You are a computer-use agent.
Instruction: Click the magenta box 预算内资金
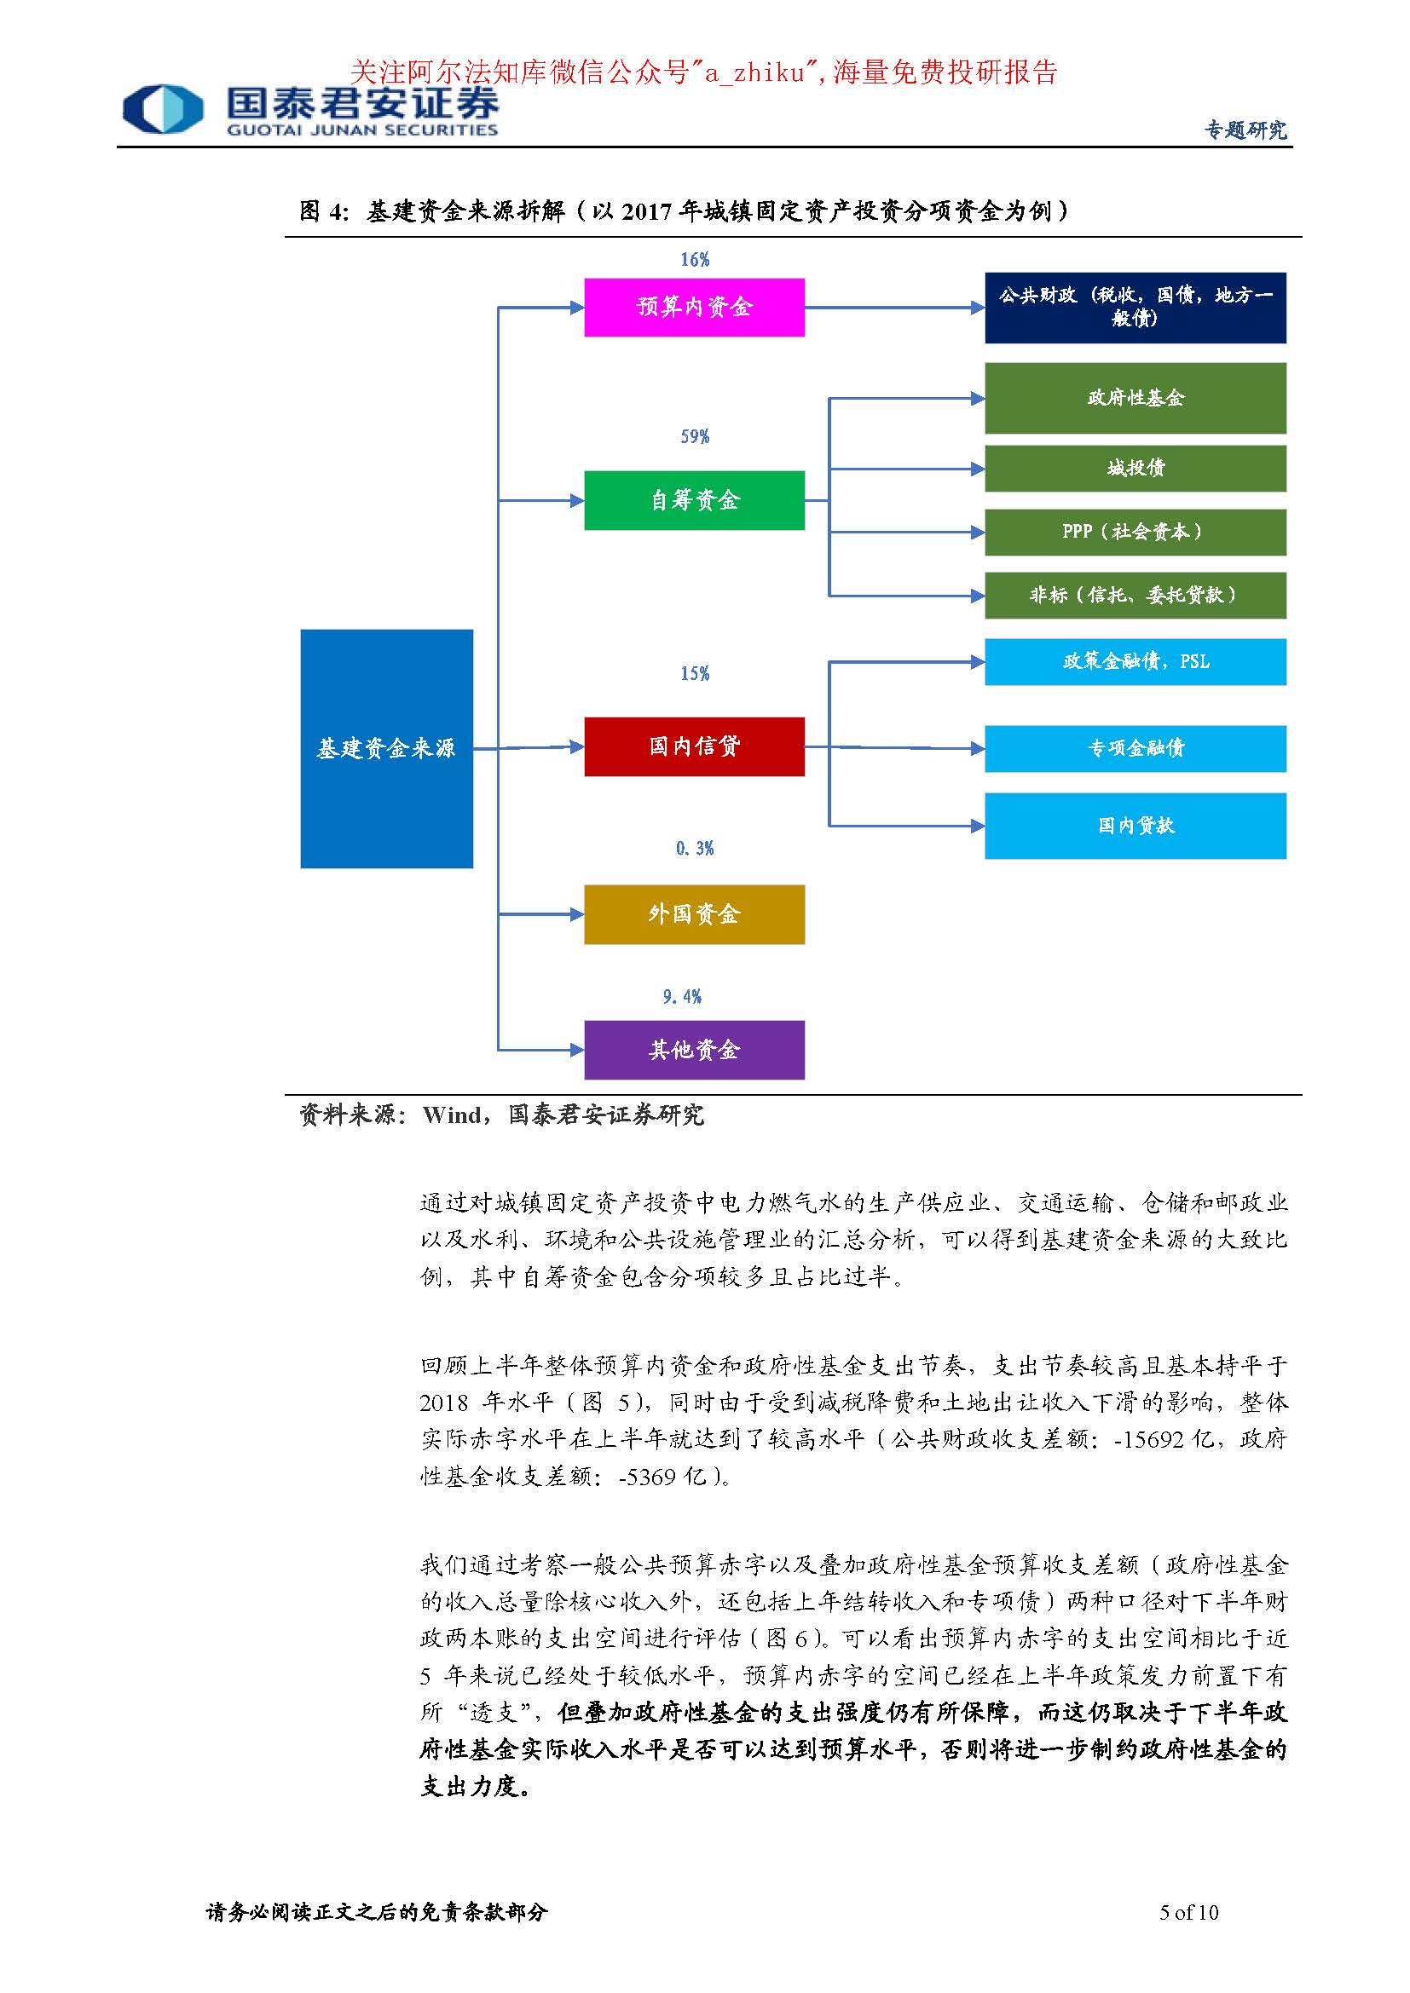click(x=694, y=308)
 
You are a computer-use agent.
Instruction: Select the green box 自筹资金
click(x=694, y=500)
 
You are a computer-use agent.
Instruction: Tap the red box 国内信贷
click(x=694, y=746)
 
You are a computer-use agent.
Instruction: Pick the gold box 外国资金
click(x=694, y=914)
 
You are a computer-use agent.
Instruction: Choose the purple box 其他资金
click(x=694, y=1050)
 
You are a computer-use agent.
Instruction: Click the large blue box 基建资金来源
click(x=386, y=748)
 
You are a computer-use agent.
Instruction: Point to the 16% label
click(x=695, y=260)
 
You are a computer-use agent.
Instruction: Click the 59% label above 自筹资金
click(x=695, y=436)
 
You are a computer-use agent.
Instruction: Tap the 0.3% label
click(x=695, y=848)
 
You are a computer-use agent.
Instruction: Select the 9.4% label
click(x=683, y=997)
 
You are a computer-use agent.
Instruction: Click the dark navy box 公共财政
click(x=1135, y=308)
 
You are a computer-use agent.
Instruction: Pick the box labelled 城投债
click(x=1135, y=469)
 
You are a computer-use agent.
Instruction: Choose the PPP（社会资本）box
click(x=1135, y=532)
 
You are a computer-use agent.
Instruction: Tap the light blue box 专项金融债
click(x=1135, y=748)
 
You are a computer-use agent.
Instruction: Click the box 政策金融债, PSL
click(x=1135, y=661)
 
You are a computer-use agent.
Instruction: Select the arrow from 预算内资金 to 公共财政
click(x=894, y=308)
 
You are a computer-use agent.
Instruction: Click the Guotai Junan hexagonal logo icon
click(x=163, y=109)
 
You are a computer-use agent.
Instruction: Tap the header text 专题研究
click(x=1245, y=130)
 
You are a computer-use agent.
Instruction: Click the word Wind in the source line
click(x=452, y=1115)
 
